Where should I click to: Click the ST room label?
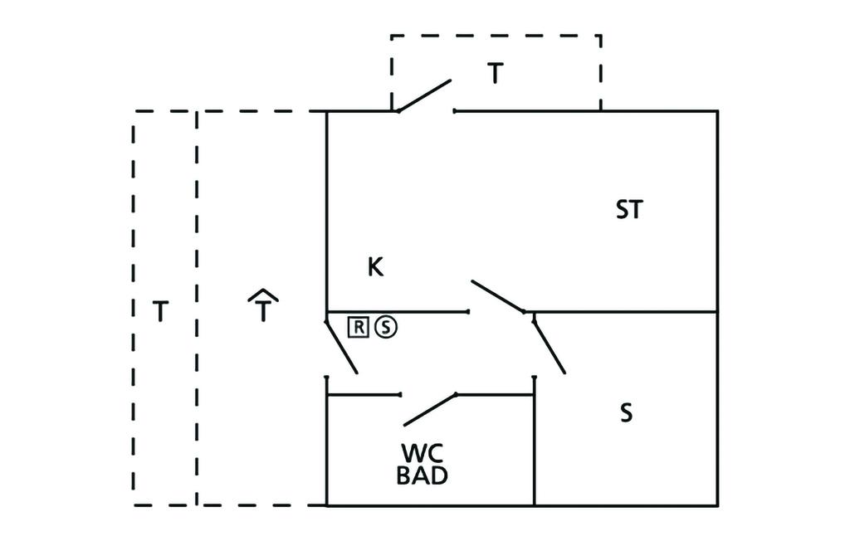pyautogui.click(x=629, y=210)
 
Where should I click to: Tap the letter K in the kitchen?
pyautogui.click(x=375, y=267)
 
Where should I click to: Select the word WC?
pyautogui.click(x=423, y=454)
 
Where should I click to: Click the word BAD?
pyautogui.click(x=423, y=476)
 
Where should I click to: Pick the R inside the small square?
pyautogui.click(x=358, y=327)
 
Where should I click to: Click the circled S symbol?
pyautogui.click(x=386, y=327)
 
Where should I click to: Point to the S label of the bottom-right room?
pyautogui.click(x=627, y=412)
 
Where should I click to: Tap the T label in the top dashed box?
pyautogui.click(x=495, y=74)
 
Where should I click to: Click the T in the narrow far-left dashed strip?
pyautogui.click(x=161, y=312)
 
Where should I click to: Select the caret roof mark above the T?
pyautogui.click(x=262, y=295)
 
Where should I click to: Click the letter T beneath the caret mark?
pyautogui.click(x=262, y=312)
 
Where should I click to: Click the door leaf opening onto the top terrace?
pyautogui.click(x=424, y=95)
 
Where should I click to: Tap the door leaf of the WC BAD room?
pyautogui.click(x=431, y=408)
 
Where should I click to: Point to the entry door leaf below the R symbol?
pyautogui.click(x=341, y=346)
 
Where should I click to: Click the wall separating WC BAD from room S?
pyautogui.click(x=534, y=448)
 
